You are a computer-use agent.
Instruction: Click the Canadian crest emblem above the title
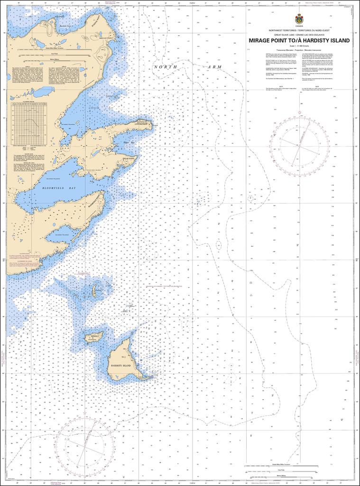299,19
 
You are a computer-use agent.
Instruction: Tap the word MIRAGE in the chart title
262,40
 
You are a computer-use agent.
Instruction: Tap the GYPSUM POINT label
141,124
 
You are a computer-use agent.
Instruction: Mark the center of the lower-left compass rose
84,446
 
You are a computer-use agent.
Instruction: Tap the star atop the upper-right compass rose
299,111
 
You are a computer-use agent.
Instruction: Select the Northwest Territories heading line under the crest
299,30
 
